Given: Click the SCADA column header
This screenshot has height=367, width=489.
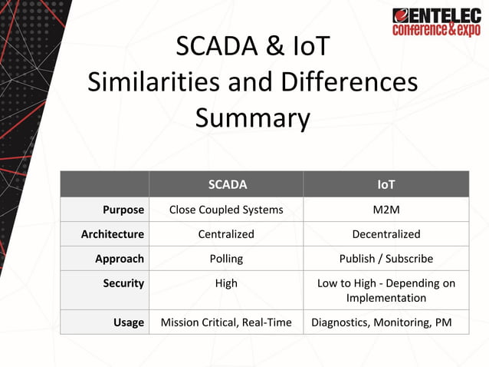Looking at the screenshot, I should point(227,184).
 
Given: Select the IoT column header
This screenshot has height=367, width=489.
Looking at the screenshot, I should point(386,184).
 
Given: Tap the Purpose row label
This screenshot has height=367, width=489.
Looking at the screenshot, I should point(123,210).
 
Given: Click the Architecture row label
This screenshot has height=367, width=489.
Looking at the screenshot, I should point(113,234).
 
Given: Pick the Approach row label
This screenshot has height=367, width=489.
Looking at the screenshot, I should point(120,259).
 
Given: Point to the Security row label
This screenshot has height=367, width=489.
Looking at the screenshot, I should point(123,283).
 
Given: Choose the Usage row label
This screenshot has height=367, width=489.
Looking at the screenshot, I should point(129,322).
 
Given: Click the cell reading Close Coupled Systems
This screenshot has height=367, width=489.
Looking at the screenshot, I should point(226,210).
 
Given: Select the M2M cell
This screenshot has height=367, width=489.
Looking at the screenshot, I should point(386,210).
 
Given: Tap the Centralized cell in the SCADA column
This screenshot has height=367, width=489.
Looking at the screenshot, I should point(226,234).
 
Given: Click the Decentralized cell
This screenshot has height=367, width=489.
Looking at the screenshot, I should point(386,234).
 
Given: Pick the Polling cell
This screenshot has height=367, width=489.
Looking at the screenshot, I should point(226,259).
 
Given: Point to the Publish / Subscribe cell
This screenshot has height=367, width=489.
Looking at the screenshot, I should point(386,259).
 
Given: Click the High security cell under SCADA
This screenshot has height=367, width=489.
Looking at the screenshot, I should point(226,283).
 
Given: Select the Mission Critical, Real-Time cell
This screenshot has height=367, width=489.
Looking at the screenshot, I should point(226,322).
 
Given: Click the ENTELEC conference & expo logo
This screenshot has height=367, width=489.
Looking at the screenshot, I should point(436,21).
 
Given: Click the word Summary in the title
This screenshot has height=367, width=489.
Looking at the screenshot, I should point(252,118).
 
